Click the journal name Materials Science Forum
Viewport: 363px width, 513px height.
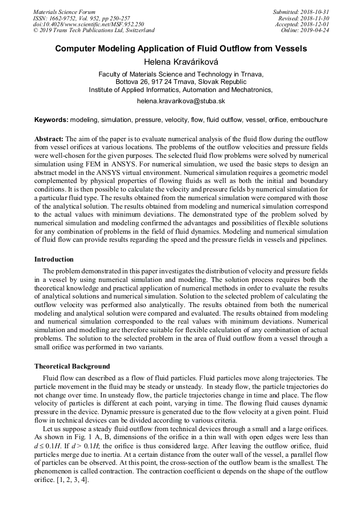click(x=64, y=12)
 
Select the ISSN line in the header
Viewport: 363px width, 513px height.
click(x=81, y=18)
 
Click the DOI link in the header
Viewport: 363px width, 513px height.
click(x=88, y=24)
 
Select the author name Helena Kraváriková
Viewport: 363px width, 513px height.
click(x=181, y=62)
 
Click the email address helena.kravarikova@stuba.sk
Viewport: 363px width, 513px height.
click(x=181, y=101)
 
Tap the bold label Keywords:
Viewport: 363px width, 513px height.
click(x=51, y=120)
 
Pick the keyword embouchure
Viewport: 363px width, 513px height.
click(x=308, y=120)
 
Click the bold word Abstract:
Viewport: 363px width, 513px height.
click(x=49, y=139)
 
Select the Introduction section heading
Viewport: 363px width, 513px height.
click(x=54, y=259)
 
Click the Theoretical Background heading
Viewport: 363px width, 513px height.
click(x=72, y=366)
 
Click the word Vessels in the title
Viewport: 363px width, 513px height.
click(x=289, y=49)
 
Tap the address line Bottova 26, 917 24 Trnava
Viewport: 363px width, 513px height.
click(x=181, y=82)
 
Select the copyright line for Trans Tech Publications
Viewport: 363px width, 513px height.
click(x=94, y=30)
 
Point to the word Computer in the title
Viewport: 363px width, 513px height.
click(x=75, y=49)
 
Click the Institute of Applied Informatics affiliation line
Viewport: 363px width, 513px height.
click(x=181, y=90)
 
